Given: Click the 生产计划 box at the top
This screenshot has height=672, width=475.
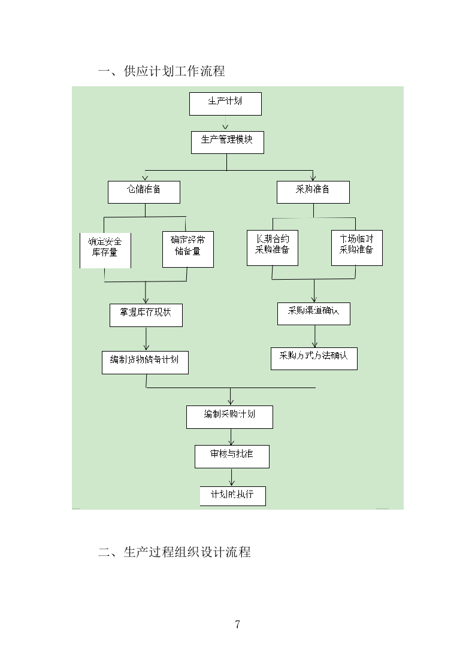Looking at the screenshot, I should pos(225,104).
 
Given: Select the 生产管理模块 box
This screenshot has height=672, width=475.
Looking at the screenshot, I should pos(227,142).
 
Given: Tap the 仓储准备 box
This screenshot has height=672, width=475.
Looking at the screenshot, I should pos(144,192).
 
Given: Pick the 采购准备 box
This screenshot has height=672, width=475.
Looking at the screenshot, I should pos(313,192).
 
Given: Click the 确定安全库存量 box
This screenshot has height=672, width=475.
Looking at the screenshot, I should pos(105,249).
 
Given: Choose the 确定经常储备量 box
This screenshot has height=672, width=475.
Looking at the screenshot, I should pos(187,249).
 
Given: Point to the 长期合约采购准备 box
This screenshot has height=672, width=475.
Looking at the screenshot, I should pos(273,247).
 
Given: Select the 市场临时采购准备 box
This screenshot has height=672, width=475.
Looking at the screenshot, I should pos(356,247).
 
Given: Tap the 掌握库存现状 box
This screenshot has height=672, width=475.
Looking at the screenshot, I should pos(146,315).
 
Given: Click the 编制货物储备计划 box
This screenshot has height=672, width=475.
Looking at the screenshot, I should pos(145,362).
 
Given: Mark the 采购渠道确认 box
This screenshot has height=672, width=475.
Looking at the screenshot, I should pos(313,314).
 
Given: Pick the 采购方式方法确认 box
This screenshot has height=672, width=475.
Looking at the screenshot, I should pos(314,358).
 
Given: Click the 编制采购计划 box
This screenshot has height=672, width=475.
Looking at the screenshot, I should pos(229,417).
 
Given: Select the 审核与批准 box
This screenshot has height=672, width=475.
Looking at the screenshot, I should pos(232,456).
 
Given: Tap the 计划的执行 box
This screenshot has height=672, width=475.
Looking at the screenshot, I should pos(232,496).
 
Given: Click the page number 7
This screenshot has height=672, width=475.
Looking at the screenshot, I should pos(238,625).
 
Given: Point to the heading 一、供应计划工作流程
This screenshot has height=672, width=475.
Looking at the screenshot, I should pos(162,71).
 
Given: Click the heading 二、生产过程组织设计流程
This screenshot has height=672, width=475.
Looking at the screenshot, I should pos(174,552).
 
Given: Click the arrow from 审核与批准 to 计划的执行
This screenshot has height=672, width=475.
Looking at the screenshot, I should pos(232,477).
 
